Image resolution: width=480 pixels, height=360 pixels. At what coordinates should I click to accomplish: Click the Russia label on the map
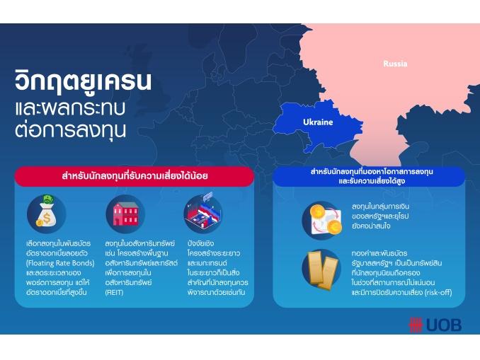[395, 64]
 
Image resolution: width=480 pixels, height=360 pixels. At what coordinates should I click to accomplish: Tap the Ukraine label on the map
[318, 122]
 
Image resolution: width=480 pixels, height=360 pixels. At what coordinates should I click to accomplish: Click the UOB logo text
[444, 325]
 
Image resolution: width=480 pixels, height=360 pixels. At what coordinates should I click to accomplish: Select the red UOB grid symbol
[416, 325]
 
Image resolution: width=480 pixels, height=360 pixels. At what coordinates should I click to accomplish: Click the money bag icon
[47, 214]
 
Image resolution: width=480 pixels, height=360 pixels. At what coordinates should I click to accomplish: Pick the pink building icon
[125, 214]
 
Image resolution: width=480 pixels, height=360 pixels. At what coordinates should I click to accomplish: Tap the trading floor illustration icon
[203, 214]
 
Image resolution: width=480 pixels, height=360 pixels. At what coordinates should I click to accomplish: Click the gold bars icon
[321, 269]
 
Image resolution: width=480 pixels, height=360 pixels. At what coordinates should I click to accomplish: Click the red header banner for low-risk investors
[135, 176]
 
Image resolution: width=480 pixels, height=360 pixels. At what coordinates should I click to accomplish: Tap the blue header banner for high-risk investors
[369, 176]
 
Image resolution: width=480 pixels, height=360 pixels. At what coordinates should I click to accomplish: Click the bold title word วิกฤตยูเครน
[83, 81]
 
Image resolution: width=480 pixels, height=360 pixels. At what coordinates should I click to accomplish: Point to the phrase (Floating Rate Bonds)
[60, 263]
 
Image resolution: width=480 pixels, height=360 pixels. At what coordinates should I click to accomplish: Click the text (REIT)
[114, 292]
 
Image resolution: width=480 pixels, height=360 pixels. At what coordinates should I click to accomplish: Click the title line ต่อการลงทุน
[70, 129]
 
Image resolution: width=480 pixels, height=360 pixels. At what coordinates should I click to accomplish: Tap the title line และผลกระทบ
[70, 109]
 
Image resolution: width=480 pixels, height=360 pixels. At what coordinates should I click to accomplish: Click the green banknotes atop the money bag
[48, 199]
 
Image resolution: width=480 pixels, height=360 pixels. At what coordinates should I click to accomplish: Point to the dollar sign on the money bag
[47, 218]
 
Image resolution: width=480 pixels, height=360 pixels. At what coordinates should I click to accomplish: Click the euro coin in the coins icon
[334, 227]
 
